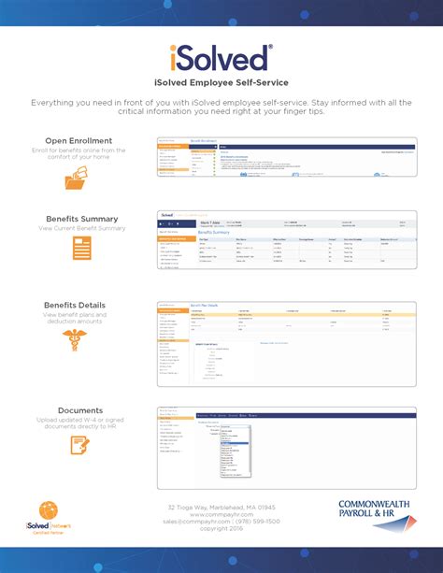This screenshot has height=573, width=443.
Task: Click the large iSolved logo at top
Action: coord(221,57)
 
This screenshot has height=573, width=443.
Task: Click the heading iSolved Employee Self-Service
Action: coord(221,82)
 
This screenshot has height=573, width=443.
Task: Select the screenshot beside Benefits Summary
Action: coord(286,239)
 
